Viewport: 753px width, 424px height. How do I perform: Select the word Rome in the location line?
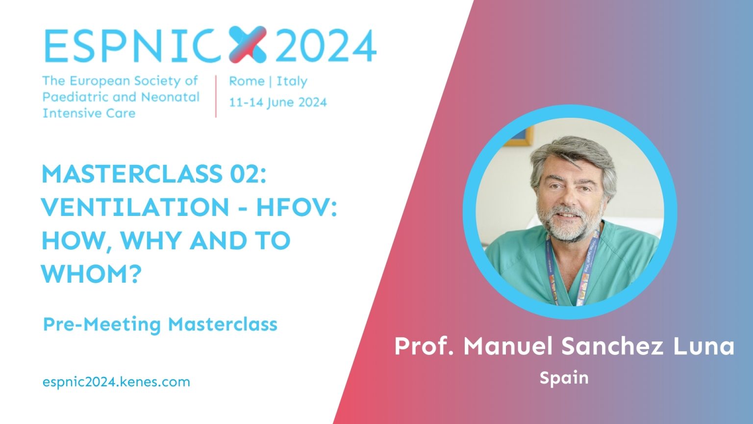tap(247, 81)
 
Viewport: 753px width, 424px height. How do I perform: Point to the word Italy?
tap(292, 81)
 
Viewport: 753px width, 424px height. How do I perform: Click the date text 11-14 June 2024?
tap(278, 103)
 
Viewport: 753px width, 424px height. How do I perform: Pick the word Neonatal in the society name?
tap(170, 97)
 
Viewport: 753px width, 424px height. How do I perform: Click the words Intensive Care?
tap(89, 113)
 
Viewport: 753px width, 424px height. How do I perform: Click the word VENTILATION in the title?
tap(135, 208)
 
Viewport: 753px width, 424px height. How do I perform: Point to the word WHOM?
tap(91, 274)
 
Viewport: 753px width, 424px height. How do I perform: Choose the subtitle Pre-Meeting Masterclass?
tap(160, 324)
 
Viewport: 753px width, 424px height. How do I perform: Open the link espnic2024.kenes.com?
tap(116, 382)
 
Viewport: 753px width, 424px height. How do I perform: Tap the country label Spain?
tap(564, 378)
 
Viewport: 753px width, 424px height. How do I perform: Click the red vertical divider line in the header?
tap(216, 96)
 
